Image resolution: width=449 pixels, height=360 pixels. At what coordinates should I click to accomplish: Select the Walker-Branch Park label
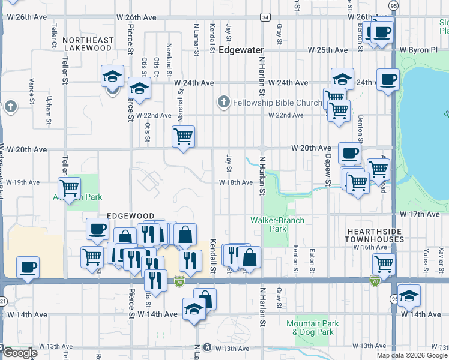277,224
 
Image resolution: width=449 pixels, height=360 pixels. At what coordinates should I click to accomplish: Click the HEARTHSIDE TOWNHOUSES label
375,235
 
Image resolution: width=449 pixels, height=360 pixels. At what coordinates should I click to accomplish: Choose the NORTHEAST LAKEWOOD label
88,44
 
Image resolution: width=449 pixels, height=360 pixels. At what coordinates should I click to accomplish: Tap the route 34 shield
265,17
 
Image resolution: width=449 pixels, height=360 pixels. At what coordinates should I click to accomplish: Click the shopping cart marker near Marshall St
184,136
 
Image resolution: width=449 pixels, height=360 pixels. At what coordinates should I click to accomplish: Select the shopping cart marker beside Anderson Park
70,188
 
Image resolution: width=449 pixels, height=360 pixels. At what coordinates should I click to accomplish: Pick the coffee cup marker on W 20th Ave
349,153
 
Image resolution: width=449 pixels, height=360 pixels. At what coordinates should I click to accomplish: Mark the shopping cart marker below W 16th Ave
384,263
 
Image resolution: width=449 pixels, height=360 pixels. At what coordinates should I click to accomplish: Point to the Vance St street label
31,87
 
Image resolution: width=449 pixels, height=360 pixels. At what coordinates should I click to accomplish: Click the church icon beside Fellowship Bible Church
223,103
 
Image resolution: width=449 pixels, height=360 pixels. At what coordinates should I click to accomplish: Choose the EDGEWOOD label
127,215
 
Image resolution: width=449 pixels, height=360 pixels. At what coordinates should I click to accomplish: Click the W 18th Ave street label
235,182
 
